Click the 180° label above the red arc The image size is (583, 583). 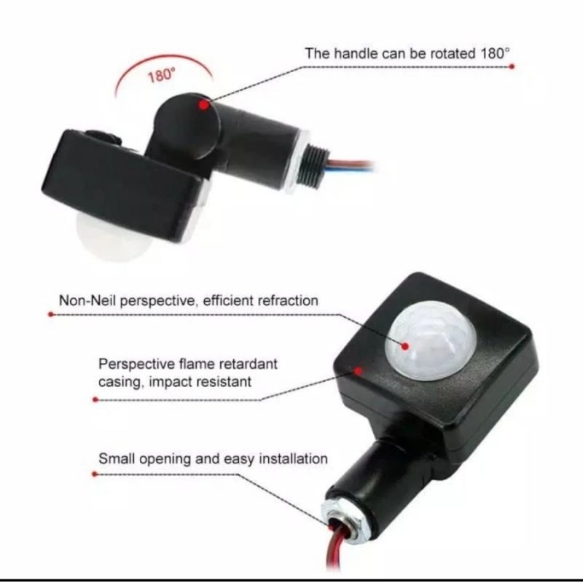[161, 76]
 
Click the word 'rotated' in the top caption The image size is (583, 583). [451, 54]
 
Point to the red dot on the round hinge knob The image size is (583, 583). [203, 105]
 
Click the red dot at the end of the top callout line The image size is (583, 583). [512, 66]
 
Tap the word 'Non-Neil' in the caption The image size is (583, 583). [87, 300]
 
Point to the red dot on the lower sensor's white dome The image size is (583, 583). [405, 347]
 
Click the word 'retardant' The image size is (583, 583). [249, 364]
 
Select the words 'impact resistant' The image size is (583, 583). [200, 382]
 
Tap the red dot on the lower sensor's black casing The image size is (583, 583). [358, 371]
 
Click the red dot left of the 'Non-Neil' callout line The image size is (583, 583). [51, 315]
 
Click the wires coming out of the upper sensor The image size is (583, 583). [351, 165]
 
